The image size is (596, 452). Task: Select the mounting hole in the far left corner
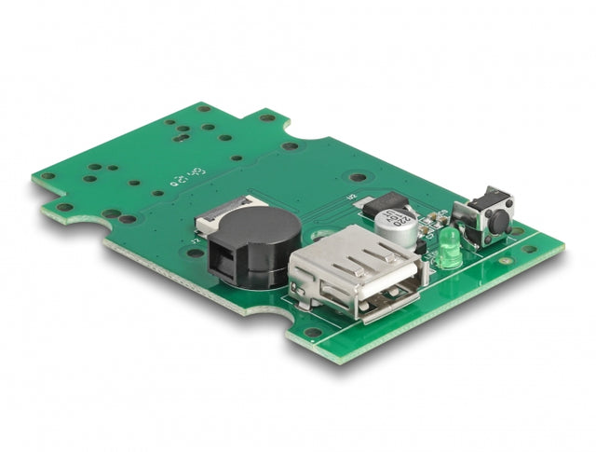46,175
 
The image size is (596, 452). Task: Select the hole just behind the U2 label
359,177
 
